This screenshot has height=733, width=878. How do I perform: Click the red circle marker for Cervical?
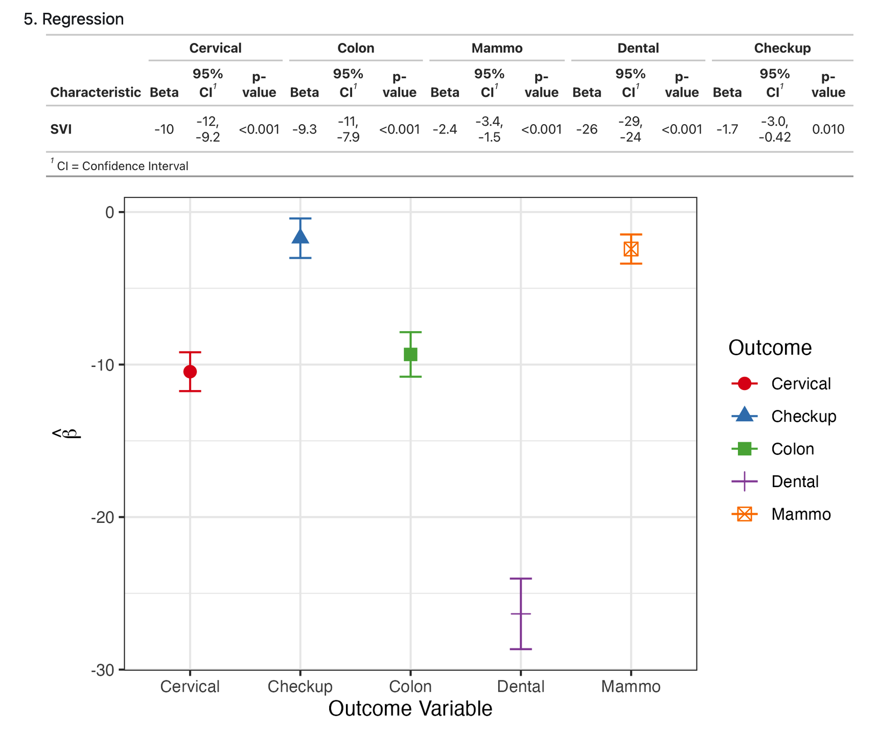pyautogui.click(x=190, y=372)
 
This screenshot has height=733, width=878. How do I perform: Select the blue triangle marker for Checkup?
pyautogui.click(x=300, y=237)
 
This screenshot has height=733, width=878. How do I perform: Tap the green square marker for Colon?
pyautogui.click(x=410, y=354)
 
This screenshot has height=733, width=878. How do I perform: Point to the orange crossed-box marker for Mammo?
pyautogui.click(x=631, y=249)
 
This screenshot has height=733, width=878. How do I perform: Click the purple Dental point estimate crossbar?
pyautogui.click(x=521, y=613)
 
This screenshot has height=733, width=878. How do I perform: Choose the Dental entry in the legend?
pyautogui.click(x=795, y=482)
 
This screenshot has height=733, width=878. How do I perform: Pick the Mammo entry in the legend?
pyautogui.click(x=801, y=514)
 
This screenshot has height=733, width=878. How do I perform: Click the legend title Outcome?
pyautogui.click(x=770, y=348)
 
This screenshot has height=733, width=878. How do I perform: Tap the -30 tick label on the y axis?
pyautogui.click(x=102, y=670)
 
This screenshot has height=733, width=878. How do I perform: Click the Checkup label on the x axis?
pyautogui.click(x=300, y=686)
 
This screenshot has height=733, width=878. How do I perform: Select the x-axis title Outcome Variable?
pyautogui.click(x=410, y=709)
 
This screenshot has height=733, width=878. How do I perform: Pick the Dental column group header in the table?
pyautogui.click(x=638, y=48)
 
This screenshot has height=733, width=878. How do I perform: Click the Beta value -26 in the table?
pyautogui.click(x=586, y=129)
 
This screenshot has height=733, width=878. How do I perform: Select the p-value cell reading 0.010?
pyautogui.click(x=828, y=129)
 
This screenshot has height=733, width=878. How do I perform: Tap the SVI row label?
pyautogui.click(x=61, y=129)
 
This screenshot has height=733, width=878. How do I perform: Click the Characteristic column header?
pyautogui.click(x=95, y=93)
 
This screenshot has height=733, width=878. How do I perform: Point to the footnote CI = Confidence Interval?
pyautogui.click(x=122, y=166)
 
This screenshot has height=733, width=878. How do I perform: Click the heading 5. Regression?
pyautogui.click(x=74, y=19)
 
